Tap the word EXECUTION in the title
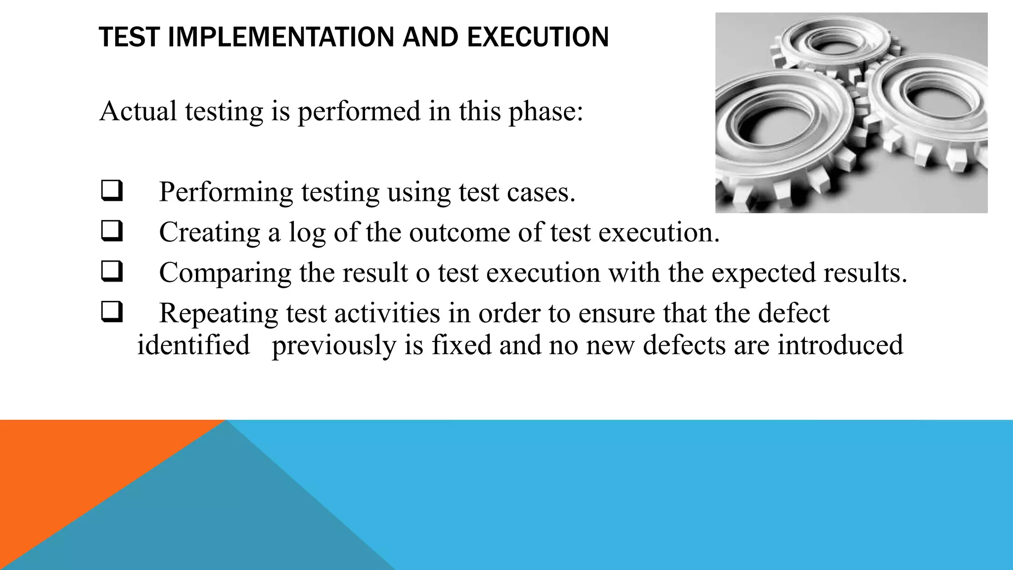(538, 37)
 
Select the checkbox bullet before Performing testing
(111, 191)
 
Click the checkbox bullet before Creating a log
(111, 232)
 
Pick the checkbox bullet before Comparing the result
(111, 272)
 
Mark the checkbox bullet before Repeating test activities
(111, 313)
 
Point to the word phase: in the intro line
(546, 112)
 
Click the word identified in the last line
(193, 345)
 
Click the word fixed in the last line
(461, 345)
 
